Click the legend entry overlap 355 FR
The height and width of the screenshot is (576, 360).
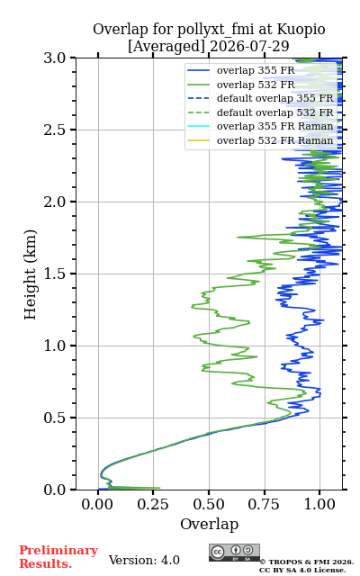pyautogui.click(x=241, y=70)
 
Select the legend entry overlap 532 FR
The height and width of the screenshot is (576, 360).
pyautogui.click(x=241, y=85)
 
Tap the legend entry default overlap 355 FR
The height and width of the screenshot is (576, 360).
pyautogui.click(x=260, y=98)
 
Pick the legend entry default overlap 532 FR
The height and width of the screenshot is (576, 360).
pyautogui.click(x=260, y=112)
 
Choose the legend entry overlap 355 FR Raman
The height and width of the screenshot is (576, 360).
pyautogui.click(x=260, y=126)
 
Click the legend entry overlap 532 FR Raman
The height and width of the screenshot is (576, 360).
pyautogui.click(x=260, y=140)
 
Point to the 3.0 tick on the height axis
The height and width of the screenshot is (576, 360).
pyautogui.click(x=55, y=58)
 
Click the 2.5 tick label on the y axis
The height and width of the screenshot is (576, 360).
pyautogui.click(x=55, y=130)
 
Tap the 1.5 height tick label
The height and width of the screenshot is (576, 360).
pyautogui.click(x=55, y=274)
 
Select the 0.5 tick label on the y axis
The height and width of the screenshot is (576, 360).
pyautogui.click(x=55, y=418)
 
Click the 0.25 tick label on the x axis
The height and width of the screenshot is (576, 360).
pyautogui.click(x=153, y=504)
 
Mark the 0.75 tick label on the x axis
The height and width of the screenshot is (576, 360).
pyautogui.click(x=264, y=504)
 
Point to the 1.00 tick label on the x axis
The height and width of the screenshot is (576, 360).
pyautogui.click(x=319, y=504)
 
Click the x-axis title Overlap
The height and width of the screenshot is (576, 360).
pyautogui.click(x=209, y=524)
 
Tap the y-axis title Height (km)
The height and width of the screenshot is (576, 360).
pyautogui.click(x=30, y=274)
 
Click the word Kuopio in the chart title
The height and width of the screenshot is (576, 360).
pyautogui.click(x=301, y=30)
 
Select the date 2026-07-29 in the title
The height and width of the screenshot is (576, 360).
pyautogui.click(x=249, y=46)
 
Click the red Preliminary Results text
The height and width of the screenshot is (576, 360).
pyautogui.click(x=58, y=557)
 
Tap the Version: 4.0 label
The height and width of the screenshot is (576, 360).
pyautogui.click(x=144, y=560)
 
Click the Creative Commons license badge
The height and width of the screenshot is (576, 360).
pyautogui.click(x=234, y=553)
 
